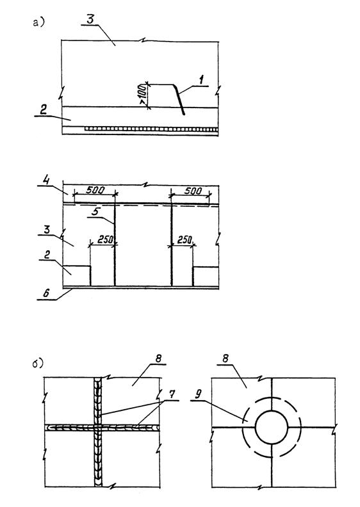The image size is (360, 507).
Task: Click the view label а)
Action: pos(38,22)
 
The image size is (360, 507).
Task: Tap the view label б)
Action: pos(38,364)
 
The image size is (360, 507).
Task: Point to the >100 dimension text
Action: pos(142,96)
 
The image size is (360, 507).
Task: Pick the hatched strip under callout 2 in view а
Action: pos(151,129)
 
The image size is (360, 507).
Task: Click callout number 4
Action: pos(47,180)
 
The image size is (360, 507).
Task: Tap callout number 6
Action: pos(46,294)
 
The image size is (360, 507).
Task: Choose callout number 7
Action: pos(171,394)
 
